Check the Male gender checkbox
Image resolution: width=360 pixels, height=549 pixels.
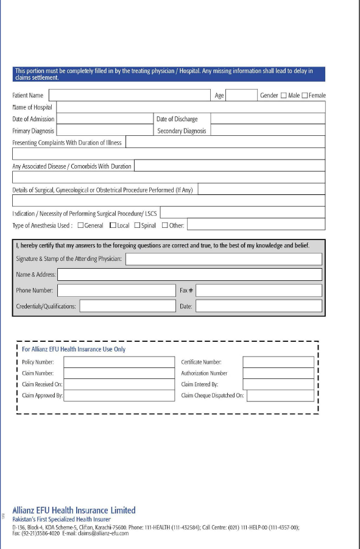[283, 96]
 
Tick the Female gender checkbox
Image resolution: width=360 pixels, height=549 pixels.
[305, 96]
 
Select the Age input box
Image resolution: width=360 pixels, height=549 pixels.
[241, 95]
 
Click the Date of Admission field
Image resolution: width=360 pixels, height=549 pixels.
[104, 119]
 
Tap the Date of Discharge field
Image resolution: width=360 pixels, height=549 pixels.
[267, 119]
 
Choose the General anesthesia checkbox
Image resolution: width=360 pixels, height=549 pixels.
[80, 225]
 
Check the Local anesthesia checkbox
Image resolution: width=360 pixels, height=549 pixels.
[113, 225]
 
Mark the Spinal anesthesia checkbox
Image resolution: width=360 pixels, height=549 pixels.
[137, 225]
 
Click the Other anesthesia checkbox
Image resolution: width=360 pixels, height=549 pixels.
[164, 225]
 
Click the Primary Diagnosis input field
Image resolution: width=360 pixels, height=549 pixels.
[104, 130]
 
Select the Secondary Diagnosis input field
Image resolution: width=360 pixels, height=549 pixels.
[267, 130]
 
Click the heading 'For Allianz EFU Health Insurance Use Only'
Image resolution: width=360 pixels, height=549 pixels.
[74, 349]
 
